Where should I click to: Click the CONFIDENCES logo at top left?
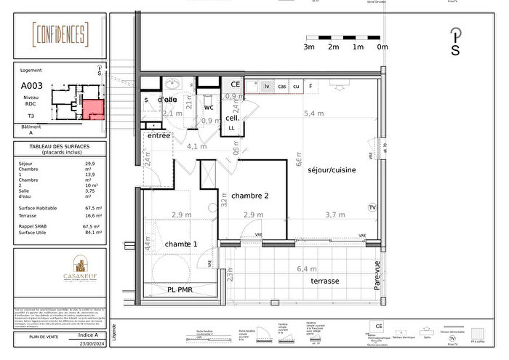coord(61,34)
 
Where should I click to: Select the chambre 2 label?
coord(250,196)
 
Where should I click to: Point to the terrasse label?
coord(325,281)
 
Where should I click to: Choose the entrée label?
coord(159,136)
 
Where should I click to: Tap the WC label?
coord(208,108)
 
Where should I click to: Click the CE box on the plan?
coord(236,85)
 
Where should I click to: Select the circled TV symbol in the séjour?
coord(372,207)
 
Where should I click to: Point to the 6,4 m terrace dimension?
coord(308,269)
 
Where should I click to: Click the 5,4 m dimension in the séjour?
coord(313,113)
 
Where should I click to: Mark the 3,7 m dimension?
coord(335,215)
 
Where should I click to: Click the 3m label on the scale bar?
coord(309,47)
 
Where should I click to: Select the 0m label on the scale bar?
coord(382,47)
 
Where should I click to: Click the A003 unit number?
coord(31,85)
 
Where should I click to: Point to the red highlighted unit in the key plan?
coord(93,109)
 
